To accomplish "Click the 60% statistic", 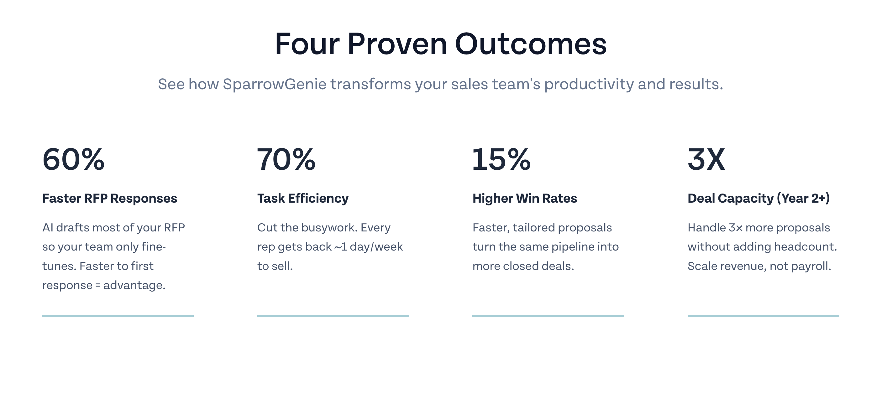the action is click(73, 159).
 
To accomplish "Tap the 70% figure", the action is click(286, 159).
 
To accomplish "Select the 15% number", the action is click(501, 159).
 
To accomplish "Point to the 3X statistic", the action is click(706, 159).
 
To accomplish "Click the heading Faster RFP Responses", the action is click(109, 198).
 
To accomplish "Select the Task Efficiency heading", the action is click(303, 199).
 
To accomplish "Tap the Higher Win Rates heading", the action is click(524, 199).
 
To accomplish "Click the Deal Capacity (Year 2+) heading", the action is click(758, 199).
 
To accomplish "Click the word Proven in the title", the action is click(397, 44).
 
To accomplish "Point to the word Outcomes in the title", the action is click(531, 44).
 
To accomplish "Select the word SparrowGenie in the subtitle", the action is click(275, 84).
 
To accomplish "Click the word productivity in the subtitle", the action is click(589, 84).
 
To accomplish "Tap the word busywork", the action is click(324, 228).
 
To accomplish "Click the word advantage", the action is click(134, 285).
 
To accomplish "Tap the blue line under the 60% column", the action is click(118, 316).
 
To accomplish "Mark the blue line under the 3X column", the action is click(764, 316).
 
